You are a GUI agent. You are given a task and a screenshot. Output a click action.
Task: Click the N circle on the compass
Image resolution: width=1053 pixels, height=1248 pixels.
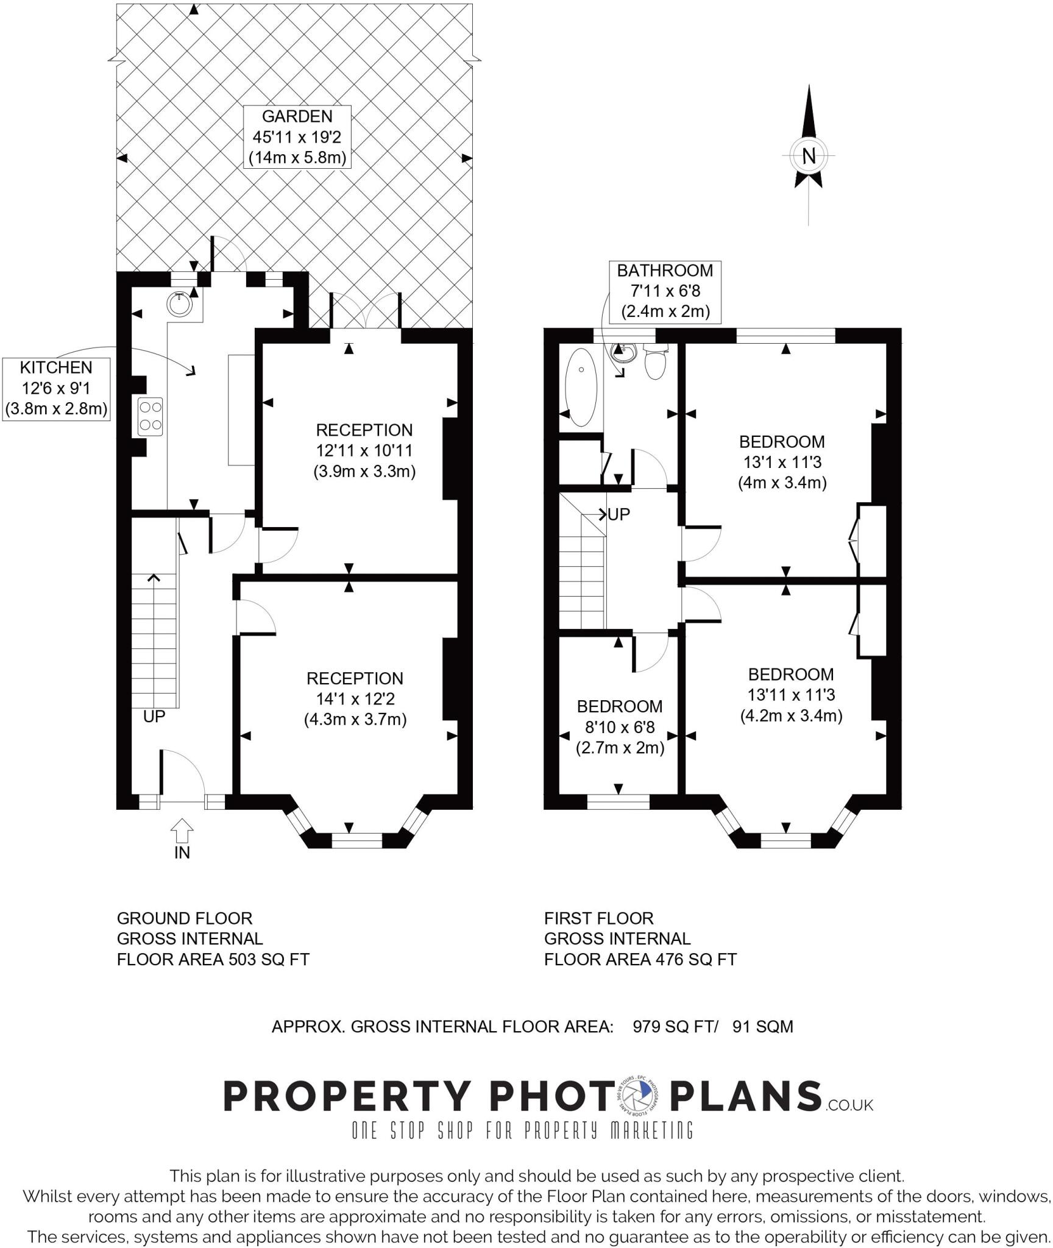(x=808, y=156)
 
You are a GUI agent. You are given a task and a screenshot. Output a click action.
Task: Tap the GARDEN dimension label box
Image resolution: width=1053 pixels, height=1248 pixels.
(x=297, y=137)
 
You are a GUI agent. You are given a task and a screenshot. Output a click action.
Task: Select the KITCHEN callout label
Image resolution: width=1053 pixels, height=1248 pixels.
(x=57, y=389)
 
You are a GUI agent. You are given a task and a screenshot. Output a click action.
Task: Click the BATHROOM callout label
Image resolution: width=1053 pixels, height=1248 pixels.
(x=665, y=291)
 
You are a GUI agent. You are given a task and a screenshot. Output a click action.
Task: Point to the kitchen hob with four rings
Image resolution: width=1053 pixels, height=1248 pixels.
(x=151, y=416)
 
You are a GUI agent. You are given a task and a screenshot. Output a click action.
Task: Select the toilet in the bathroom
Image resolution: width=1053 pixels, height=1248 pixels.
(x=656, y=363)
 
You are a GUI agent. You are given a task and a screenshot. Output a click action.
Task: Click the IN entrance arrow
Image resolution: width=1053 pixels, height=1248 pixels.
(x=182, y=831)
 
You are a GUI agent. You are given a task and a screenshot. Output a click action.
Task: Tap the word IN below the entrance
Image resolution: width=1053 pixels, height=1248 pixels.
(x=182, y=853)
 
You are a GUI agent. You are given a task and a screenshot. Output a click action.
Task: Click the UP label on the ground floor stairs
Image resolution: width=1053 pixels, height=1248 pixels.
(x=154, y=717)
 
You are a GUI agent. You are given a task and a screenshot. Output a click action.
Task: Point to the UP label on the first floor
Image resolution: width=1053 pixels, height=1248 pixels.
(x=619, y=515)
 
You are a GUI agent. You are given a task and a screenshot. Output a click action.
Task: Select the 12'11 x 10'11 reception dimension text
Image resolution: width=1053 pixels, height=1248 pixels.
(x=364, y=451)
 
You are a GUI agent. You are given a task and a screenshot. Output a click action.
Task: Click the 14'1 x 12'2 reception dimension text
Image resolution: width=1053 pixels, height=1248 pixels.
(x=355, y=699)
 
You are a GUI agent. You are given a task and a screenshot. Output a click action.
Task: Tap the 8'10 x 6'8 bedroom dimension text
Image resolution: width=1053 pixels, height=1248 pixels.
(x=620, y=727)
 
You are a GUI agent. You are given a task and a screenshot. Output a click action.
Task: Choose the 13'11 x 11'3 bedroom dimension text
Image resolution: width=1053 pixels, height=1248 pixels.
(x=791, y=695)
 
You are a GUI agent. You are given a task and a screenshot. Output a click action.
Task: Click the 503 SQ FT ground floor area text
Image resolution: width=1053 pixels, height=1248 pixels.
(x=269, y=960)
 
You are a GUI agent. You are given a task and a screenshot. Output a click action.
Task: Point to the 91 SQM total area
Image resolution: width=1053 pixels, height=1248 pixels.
(x=763, y=1027)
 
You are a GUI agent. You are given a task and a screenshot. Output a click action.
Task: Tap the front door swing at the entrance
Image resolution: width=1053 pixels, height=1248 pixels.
(x=183, y=774)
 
